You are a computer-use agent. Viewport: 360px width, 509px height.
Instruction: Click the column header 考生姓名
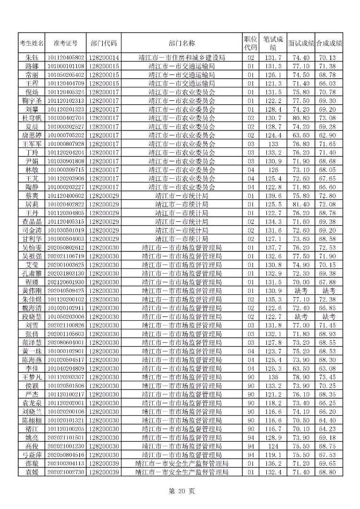[32, 43]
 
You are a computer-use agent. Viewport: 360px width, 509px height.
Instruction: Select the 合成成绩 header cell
[329, 43]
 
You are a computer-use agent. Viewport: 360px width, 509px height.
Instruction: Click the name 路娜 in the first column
[32, 66]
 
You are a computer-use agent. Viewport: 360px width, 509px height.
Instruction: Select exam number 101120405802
[66, 58]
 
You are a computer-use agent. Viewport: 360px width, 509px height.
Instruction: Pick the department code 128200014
[104, 58]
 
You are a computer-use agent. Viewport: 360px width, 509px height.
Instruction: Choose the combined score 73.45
[329, 377]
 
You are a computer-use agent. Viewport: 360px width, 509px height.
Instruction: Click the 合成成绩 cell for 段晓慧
[329, 316]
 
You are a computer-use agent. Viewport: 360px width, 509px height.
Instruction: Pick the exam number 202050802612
[66, 247]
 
